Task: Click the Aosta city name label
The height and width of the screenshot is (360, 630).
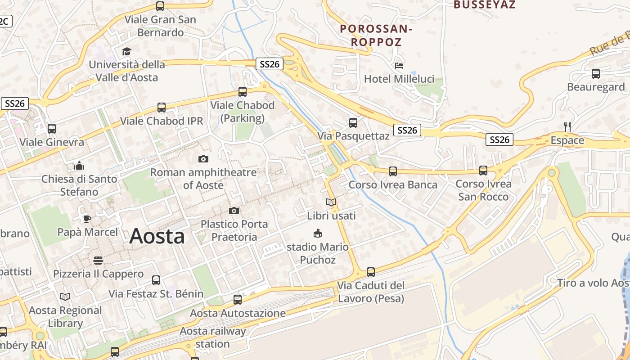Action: point(157,237)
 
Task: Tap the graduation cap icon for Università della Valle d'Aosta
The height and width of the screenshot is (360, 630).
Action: point(126,51)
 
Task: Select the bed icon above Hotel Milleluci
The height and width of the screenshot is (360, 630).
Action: point(399,66)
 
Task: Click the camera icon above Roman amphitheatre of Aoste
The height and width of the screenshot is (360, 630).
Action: point(203,159)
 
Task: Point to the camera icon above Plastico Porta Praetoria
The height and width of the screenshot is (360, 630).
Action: point(234,211)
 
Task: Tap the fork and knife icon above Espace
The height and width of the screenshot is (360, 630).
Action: point(567,127)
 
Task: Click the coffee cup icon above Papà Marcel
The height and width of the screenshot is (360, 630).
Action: point(87,219)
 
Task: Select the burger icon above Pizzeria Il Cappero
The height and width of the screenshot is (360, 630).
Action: point(98,261)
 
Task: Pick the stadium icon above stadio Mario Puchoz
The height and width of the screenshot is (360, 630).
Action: point(318,233)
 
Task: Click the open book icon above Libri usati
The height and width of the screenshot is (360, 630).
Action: point(331,202)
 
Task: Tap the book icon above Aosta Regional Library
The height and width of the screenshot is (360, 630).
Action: point(65,297)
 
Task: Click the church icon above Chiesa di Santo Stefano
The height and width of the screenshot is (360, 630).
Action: point(79,166)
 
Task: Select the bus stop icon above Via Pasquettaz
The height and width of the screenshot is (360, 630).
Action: point(353,122)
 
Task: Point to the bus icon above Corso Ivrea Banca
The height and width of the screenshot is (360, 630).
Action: point(393,171)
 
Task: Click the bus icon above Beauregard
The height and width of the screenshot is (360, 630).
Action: point(596,73)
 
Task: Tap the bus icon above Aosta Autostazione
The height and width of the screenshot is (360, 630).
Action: point(238,299)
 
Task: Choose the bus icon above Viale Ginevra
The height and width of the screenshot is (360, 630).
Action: point(52,129)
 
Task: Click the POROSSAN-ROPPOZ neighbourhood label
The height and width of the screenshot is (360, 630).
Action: point(376,36)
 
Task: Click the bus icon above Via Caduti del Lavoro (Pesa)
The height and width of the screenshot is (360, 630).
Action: point(371,272)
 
